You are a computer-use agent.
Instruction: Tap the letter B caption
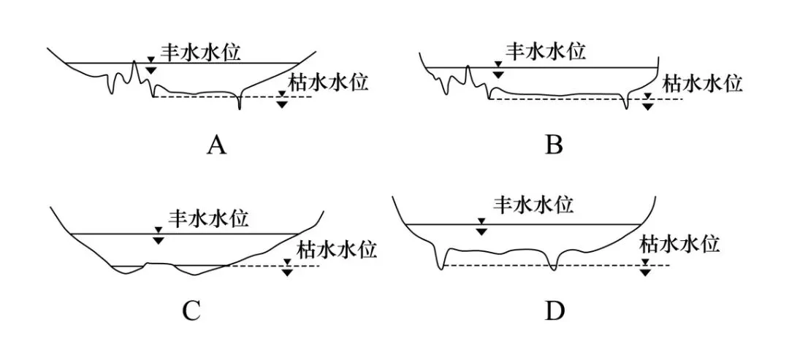pyautogui.click(x=554, y=145)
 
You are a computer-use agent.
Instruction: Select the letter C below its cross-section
pyautogui.click(x=191, y=312)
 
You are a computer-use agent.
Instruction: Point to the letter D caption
pyautogui.click(x=554, y=312)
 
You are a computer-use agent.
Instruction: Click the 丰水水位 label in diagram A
pyautogui.click(x=200, y=52)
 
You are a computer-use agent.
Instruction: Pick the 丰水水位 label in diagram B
pyautogui.click(x=546, y=51)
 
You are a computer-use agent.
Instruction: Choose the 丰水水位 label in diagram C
pyautogui.click(x=207, y=219)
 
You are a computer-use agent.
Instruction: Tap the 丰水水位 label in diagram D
pyautogui.click(x=533, y=204)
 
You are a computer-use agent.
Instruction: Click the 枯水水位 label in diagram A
pyautogui.click(x=328, y=82)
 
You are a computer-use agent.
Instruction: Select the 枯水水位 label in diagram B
pyautogui.click(x=702, y=83)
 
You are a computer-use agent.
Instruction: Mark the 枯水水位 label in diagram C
pyautogui.click(x=337, y=250)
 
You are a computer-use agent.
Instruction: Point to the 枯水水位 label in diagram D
pyautogui.click(x=680, y=245)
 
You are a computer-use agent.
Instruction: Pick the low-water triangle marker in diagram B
pyautogui.click(x=648, y=102)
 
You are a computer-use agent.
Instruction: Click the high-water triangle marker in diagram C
pyautogui.click(x=159, y=236)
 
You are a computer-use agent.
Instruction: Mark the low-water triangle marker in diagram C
pyautogui.click(x=287, y=267)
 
